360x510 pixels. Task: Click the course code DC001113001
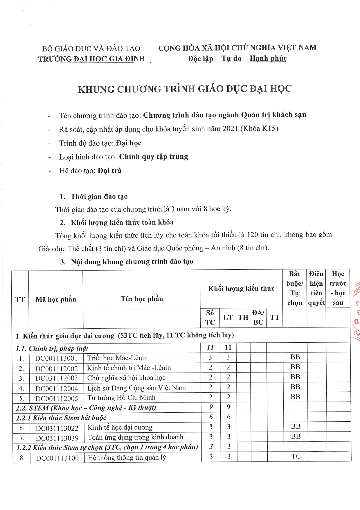[56, 358]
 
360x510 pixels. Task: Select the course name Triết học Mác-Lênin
[117, 358]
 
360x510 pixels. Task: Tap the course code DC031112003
[56, 378]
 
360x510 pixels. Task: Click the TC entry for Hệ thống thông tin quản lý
[296, 456]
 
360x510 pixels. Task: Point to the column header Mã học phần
[56, 299]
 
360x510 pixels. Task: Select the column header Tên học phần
[142, 299]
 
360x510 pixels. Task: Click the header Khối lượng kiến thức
[241, 288]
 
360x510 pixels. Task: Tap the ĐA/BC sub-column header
[258, 317]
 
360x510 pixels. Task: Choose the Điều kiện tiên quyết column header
[316, 288]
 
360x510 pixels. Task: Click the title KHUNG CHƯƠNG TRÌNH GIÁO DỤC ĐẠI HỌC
[185, 89]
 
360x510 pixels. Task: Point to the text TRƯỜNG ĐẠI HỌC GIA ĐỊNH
[91, 59]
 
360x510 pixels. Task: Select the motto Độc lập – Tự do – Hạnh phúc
[237, 58]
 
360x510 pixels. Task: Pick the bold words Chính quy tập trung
[154, 157]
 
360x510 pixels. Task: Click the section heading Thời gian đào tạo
[99, 197]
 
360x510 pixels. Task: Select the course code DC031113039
[57, 438]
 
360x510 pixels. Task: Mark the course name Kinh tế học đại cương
[120, 427]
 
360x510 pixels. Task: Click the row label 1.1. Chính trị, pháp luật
[52, 348]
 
